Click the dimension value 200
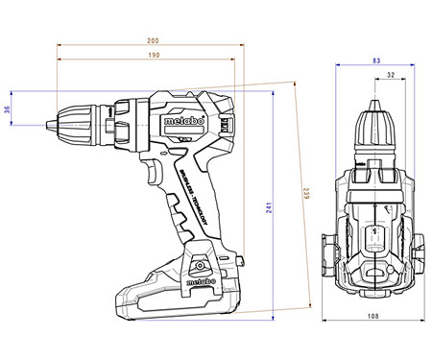[153, 40]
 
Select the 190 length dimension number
[153, 56]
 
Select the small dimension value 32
[388, 75]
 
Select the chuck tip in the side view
[50, 123]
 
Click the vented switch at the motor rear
[226, 123]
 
